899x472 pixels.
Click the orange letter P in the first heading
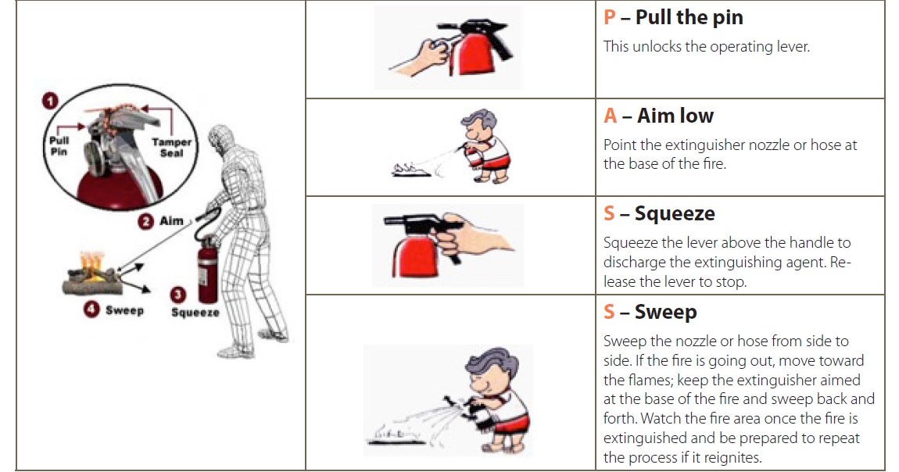coord(610,17)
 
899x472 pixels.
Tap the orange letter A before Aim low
coord(611,116)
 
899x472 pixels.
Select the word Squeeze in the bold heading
coord(675,213)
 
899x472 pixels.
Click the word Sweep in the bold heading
coord(665,312)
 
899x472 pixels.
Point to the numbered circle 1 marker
coord(50,102)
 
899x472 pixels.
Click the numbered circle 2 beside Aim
coord(145,221)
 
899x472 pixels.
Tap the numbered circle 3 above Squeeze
coord(177,295)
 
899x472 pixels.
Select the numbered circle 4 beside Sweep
coord(91,310)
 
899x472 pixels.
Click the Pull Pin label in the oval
coord(59,146)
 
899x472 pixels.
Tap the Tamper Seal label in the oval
coord(171,147)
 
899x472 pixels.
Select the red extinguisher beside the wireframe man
coord(207,271)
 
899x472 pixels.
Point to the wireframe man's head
coord(221,138)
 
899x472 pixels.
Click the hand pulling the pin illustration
coord(421,56)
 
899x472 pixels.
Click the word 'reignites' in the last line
coord(734,458)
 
